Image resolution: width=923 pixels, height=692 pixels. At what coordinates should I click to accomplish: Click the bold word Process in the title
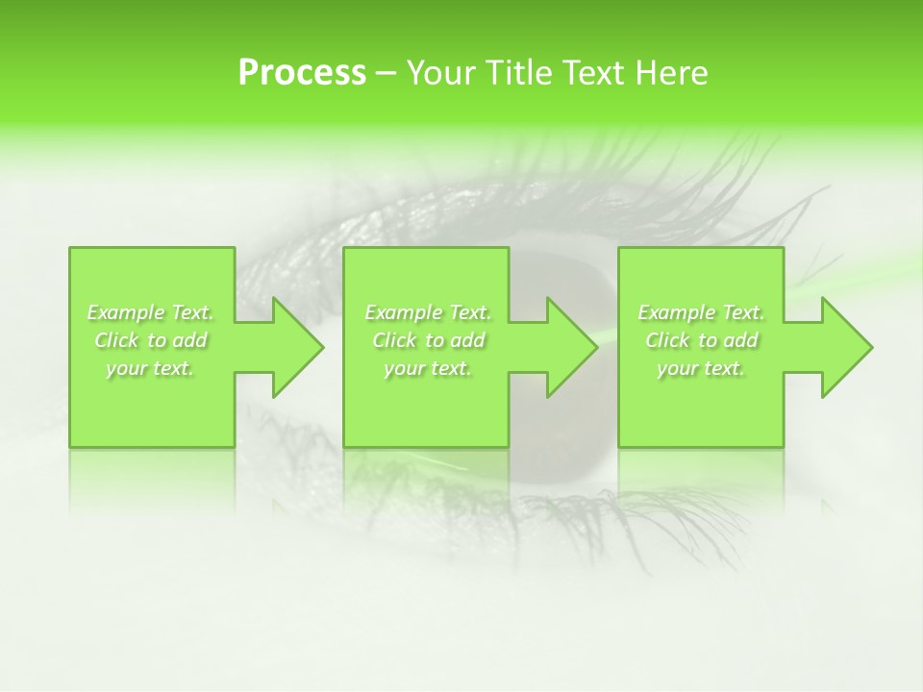point(302,73)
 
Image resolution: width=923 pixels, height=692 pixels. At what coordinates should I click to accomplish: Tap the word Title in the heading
point(518,73)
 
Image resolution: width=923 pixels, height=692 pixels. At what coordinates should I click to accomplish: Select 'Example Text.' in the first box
point(150,312)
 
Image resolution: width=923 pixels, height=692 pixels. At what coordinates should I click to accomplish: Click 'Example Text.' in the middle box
point(428,312)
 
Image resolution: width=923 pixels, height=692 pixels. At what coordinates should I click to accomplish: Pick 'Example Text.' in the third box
point(701,312)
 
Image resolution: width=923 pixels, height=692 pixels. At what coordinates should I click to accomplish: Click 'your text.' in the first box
point(150,368)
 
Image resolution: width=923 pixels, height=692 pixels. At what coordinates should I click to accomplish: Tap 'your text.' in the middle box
point(428,368)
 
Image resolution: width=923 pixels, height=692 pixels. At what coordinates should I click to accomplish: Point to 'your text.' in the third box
point(701,368)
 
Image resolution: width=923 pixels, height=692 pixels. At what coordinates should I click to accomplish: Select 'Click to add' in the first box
point(151,340)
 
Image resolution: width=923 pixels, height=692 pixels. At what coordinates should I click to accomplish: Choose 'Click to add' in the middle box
point(429,340)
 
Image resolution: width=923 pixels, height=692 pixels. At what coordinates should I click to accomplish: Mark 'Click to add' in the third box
point(702,340)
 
